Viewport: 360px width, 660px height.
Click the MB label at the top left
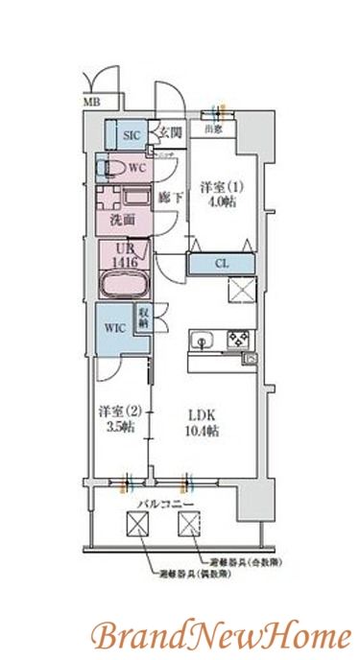tap(91, 101)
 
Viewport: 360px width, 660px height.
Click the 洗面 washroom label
tap(122, 220)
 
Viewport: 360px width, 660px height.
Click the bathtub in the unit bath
tap(122, 285)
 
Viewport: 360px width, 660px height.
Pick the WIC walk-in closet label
tap(115, 328)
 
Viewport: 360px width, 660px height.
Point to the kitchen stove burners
tap(237, 339)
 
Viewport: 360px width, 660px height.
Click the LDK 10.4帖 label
tap(203, 424)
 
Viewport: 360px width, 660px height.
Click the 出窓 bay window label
tap(212, 127)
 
